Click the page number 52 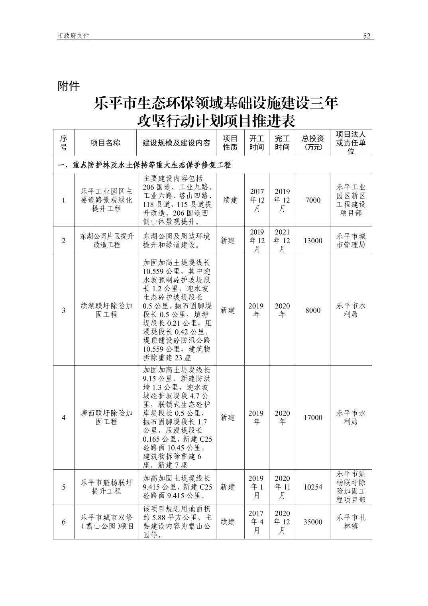pos(367,36)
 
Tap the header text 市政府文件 pos(73,36)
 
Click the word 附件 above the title pos(69,86)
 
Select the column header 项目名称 pos(105,143)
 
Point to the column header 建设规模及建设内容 pos(176,143)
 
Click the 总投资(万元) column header pos(313,143)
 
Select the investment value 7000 pos(313,200)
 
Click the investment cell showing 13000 pos(313,241)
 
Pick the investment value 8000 pos(313,310)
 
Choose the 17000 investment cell pos(313,417)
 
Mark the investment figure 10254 pos(313,487)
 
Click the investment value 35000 pos(313,522)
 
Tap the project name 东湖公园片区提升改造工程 pos(106,241)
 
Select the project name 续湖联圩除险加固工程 pos(106,310)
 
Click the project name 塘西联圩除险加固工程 pos(106,417)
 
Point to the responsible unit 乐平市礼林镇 pos(351,522)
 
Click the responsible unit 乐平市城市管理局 pos(351,241)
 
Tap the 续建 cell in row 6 pos(228,522)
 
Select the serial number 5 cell pos(64,487)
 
